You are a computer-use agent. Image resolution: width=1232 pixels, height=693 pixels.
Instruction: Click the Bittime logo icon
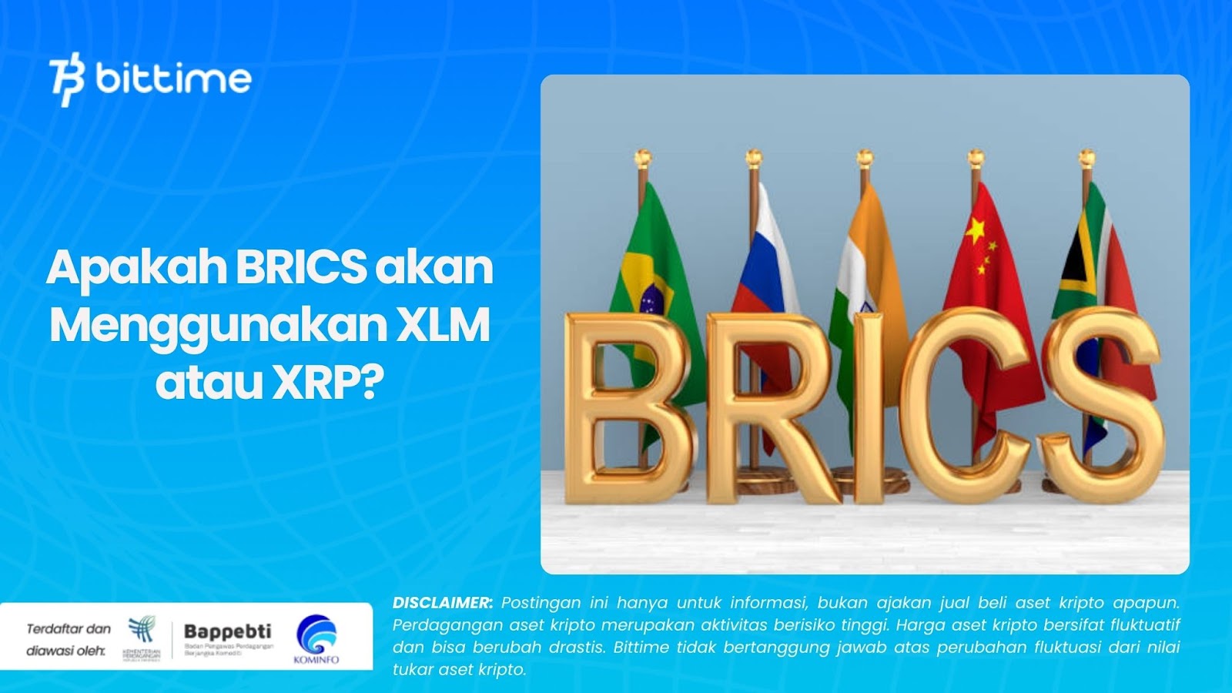click(66, 79)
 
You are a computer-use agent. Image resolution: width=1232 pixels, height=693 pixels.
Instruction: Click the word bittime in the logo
click(173, 79)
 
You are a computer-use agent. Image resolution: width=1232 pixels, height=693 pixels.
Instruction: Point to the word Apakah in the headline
click(137, 267)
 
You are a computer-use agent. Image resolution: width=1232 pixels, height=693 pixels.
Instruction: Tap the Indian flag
click(866, 254)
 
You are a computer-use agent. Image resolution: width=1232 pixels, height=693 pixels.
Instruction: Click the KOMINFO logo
click(316, 638)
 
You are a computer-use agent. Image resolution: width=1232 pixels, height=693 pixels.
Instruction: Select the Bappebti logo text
click(228, 632)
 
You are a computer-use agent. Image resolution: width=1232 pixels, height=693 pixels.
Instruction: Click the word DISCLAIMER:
click(443, 603)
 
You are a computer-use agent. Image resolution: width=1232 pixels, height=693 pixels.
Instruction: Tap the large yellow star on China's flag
click(976, 229)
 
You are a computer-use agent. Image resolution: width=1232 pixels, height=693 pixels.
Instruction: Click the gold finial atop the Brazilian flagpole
click(643, 158)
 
